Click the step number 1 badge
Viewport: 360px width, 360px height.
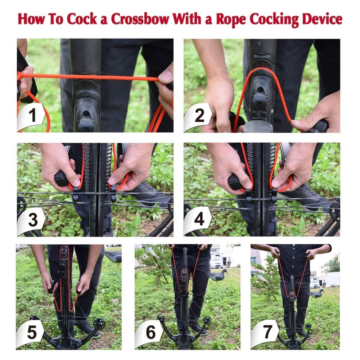coord(32,116)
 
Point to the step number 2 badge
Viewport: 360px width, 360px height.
coord(199,116)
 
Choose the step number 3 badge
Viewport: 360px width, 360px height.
coord(33,220)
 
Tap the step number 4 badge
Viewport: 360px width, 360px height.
coord(199,220)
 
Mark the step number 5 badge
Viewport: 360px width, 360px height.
coord(32,333)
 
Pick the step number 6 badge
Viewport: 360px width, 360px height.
coord(151,333)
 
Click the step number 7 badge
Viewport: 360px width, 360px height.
coord(267,333)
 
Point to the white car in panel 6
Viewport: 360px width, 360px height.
coord(216,262)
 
